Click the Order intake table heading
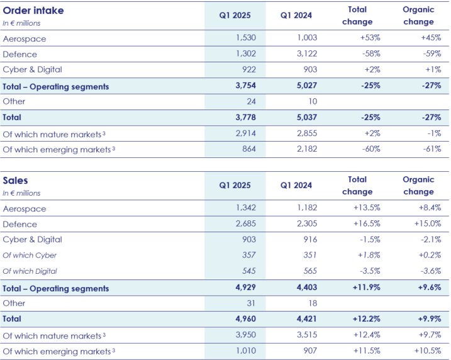[33, 11]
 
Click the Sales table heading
[16, 181]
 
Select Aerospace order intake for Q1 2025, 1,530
[247, 39]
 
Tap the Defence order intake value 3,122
[306, 54]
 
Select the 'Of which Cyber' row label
[30, 256]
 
